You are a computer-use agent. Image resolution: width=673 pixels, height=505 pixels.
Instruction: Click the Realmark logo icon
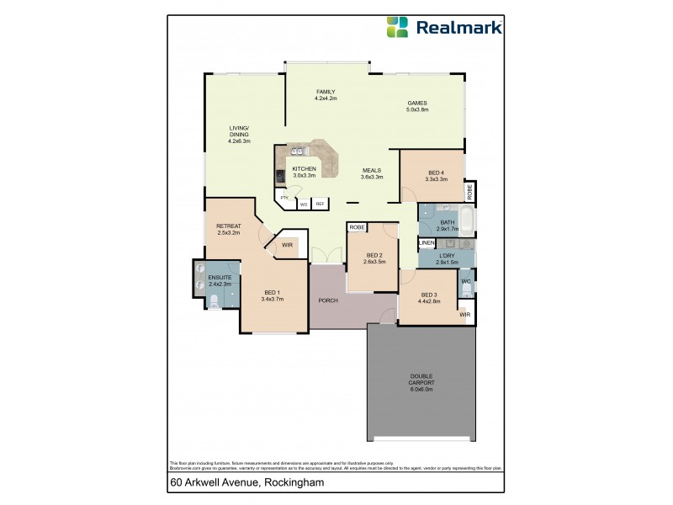point(397,27)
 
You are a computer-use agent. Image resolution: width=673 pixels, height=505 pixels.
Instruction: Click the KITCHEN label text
point(304,169)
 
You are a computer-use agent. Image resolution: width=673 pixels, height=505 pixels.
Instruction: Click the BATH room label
point(447,223)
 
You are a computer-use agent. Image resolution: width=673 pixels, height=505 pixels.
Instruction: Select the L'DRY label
point(447,258)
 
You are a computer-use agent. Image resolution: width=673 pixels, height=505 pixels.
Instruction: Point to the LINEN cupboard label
point(426,243)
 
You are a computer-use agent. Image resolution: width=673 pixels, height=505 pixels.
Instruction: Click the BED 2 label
point(375,256)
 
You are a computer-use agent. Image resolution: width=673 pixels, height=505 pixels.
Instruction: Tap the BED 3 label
point(430,295)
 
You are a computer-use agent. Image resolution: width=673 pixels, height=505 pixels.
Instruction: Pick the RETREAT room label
point(229,226)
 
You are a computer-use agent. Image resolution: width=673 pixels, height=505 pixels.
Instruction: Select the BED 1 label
point(272,294)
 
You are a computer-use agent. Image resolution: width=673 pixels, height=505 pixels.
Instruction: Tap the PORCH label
point(328,300)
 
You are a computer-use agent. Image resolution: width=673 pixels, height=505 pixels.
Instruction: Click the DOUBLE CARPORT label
point(421,380)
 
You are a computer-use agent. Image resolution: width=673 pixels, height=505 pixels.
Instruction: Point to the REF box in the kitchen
point(320,204)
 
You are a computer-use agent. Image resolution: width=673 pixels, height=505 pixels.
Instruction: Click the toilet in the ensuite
point(215,300)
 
